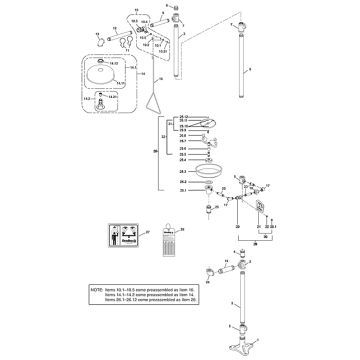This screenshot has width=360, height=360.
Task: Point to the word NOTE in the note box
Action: pyautogui.click(x=96, y=291)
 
